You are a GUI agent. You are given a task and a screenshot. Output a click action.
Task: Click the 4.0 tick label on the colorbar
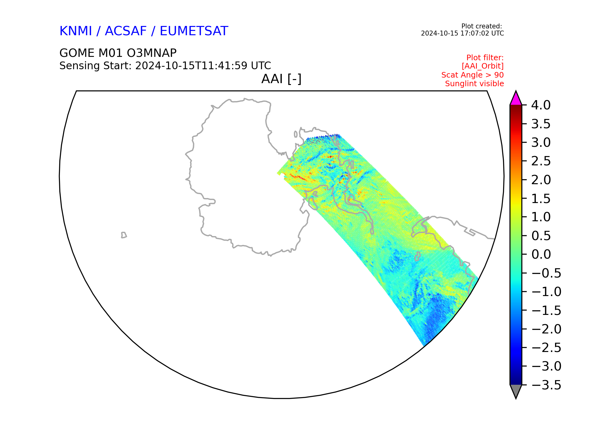pos(541,105)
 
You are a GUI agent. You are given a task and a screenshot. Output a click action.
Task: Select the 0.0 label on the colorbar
pos(541,254)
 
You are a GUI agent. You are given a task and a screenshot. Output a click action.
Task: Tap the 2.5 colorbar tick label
pos(541,161)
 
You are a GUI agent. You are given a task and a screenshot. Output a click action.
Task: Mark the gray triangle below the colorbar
pos(516,391)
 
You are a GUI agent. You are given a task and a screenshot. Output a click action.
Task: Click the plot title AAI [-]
pos(281,79)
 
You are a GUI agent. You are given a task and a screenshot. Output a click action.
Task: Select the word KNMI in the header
pos(76,31)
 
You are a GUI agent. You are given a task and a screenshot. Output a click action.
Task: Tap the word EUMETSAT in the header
pos(194,31)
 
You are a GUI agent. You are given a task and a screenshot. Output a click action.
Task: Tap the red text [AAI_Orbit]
pos(483,66)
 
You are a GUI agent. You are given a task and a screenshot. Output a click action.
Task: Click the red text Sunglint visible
pos(474,84)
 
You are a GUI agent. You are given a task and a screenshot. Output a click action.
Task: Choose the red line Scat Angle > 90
pos(473,75)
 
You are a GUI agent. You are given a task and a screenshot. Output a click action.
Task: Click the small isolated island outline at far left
pos(124,235)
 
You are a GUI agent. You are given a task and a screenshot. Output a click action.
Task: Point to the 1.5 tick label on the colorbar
pos(541,198)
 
